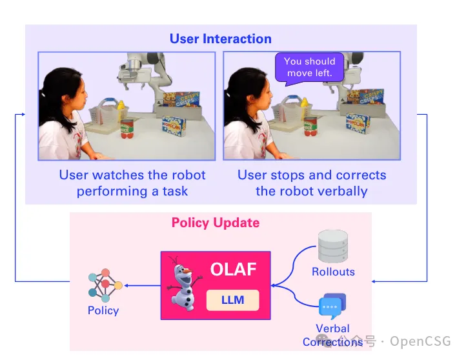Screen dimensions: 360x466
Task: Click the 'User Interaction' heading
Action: click(220, 39)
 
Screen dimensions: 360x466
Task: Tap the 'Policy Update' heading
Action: click(216, 223)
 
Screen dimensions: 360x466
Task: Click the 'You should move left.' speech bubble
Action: click(309, 67)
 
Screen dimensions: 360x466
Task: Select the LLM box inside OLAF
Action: click(232, 300)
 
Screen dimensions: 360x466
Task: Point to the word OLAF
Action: click(234, 269)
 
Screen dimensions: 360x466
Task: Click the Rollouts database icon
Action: click(332, 246)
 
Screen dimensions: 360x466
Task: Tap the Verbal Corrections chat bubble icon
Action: click(332, 305)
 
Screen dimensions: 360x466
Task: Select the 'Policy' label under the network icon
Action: click(103, 310)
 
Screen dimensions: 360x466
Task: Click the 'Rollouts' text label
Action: click(333, 272)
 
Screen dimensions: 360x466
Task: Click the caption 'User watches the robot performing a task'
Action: click(132, 183)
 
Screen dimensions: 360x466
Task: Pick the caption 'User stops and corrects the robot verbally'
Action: click(312, 183)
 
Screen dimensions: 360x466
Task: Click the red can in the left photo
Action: click(127, 129)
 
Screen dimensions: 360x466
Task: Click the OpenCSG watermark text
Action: click(420, 341)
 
